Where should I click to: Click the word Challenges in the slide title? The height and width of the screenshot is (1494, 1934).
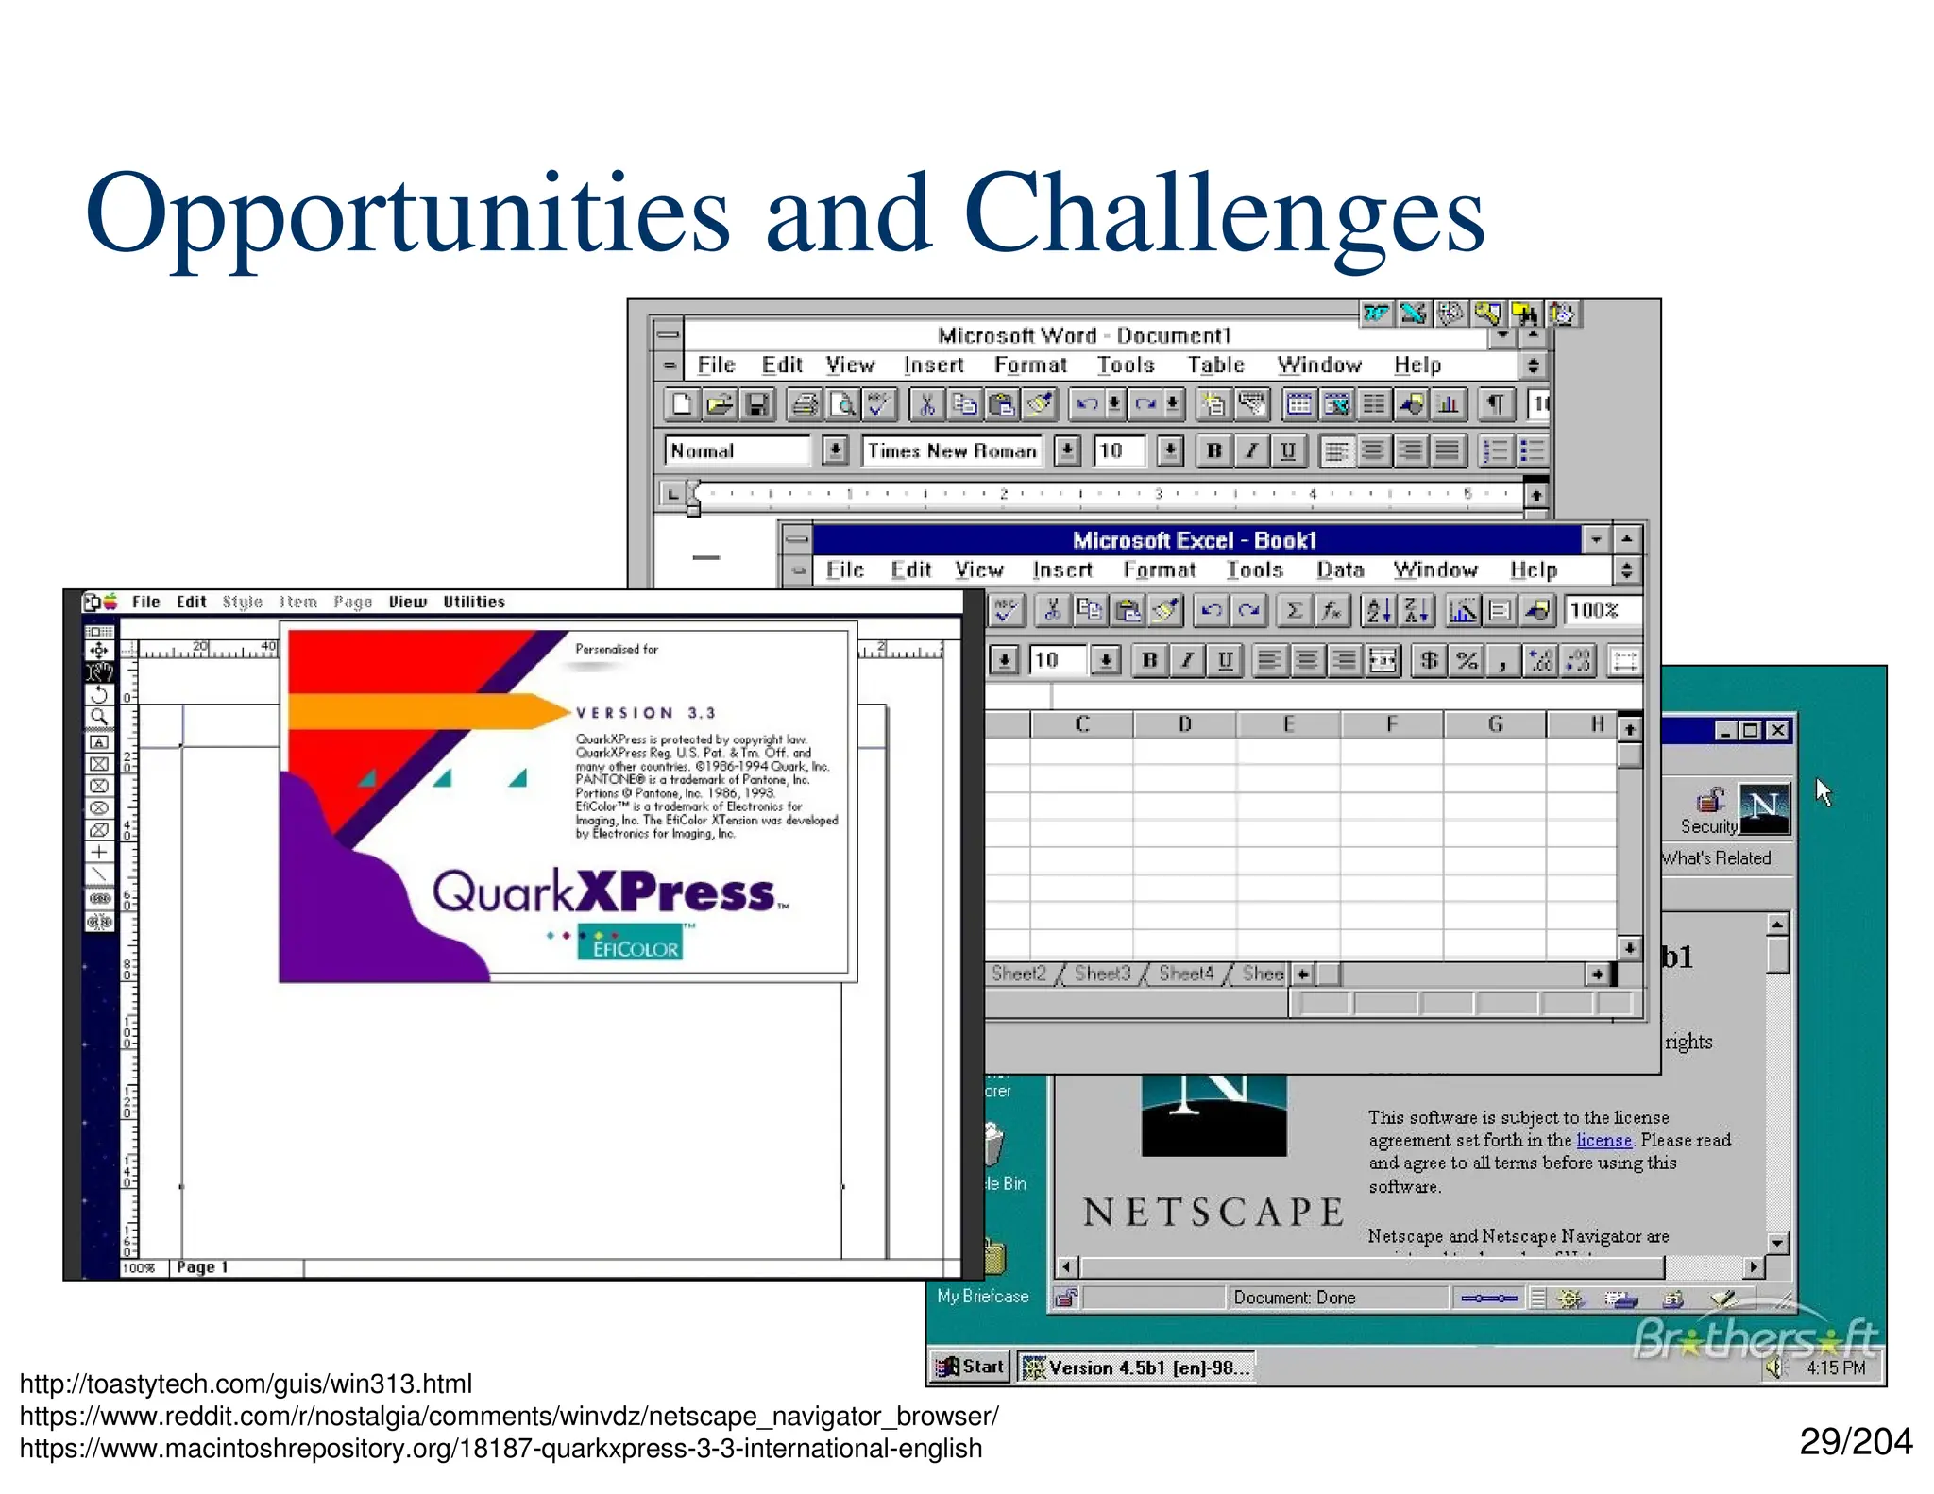pyautogui.click(x=1223, y=215)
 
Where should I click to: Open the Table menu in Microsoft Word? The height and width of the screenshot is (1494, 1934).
pyautogui.click(x=1215, y=365)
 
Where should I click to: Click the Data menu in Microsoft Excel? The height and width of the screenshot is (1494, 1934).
pyautogui.click(x=1340, y=569)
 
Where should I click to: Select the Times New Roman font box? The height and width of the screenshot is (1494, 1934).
pyautogui.click(x=952, y=451)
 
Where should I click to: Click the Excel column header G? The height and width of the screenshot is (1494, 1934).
pyautogui.click(x=1495, y=724)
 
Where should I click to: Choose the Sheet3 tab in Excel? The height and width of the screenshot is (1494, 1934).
pyautogui.click(x=1102, y=974)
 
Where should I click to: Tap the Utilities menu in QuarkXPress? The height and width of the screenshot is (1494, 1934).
pyautogui.click(x=474, y=602)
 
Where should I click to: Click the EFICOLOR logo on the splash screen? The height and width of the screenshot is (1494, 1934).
pyautogui.click(x=631, y=944)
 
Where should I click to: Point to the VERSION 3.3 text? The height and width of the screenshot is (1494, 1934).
pyautogui.click(x=646, y=713)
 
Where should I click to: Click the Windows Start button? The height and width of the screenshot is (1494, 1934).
pyautogui.click(x=971, y=1367)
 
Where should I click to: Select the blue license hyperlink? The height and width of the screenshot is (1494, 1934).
pyautogui.click(x=1603, y=1140)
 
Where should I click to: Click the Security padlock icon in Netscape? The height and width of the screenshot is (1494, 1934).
pyautogui.click(x=1710, y=803)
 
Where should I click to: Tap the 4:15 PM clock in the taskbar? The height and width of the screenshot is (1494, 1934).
pyautogui.click(x=1835, y=1367)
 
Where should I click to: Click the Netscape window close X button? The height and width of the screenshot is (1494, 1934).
pyautogui.click(x=1777, y=730)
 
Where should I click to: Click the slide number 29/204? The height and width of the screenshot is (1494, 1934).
pyautogui.click(x=1855, y=1441)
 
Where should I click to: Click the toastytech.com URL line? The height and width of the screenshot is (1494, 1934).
pyautogui.click(x=246, y=1384)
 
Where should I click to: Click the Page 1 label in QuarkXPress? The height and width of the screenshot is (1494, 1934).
pyautogui.click(x=201, y=1267)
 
